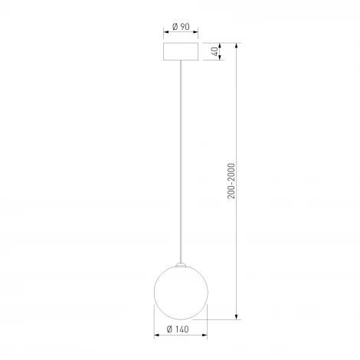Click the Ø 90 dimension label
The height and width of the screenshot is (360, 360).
click(x=182, y=26)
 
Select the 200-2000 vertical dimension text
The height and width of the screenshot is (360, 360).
click(x=231, y=181)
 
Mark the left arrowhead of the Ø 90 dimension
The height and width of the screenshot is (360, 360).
click(x=167, y=34)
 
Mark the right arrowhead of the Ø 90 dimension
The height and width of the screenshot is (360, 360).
click(x=196, y=34)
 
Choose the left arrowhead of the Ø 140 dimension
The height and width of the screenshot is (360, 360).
click(x=156, y=338)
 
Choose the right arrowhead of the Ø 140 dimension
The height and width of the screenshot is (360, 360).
click(x=206, y=338)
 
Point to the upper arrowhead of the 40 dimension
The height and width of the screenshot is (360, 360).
click(x=220, y=44)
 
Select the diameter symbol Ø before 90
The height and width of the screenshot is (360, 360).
click(x=175, y=26)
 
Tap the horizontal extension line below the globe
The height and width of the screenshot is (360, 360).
click(x=222, y=319)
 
